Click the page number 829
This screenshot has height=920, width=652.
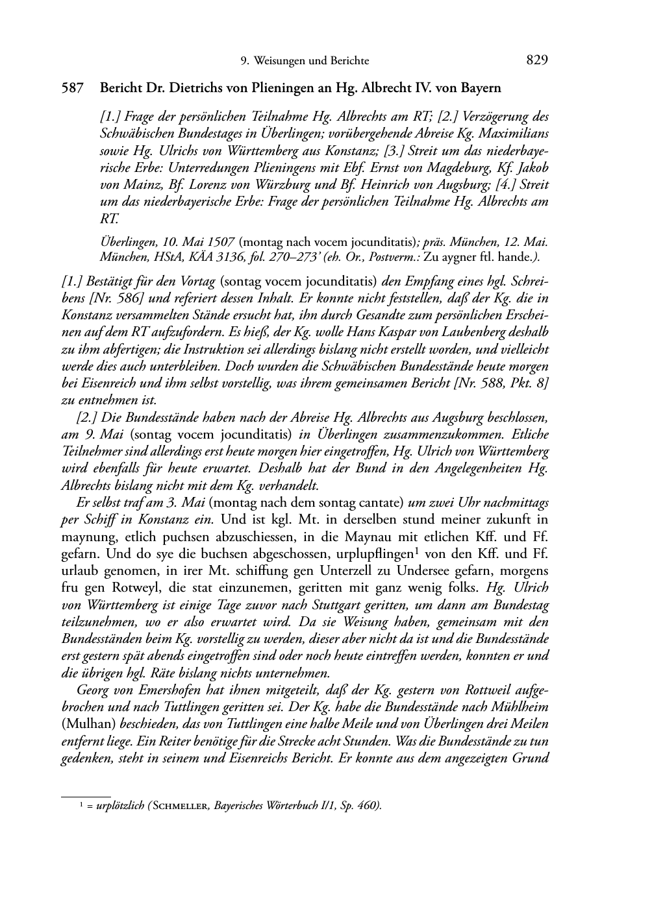point(537,60)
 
